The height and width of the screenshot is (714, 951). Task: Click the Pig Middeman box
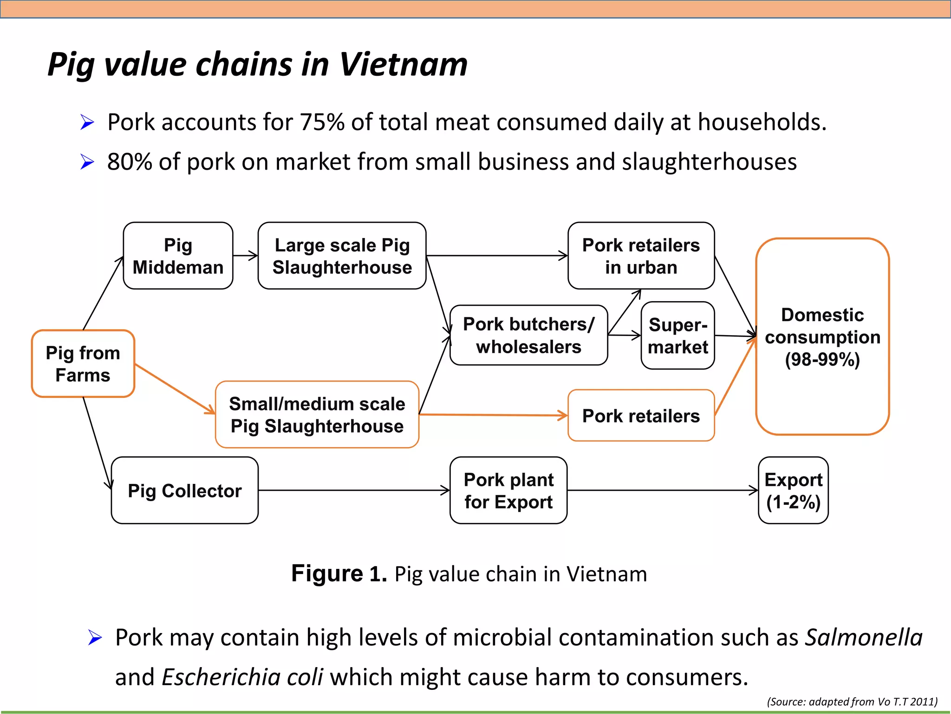coord(178,256)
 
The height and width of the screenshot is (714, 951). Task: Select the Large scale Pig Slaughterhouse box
coord(342,256)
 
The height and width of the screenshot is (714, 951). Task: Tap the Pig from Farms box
coord(83,364)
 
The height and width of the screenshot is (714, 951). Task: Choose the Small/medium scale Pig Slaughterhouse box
coord(317,415)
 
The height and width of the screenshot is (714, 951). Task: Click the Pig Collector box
coord(185,490)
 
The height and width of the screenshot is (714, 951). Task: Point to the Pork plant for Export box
coord(508,490)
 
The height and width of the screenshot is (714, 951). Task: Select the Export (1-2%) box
coord(793,490)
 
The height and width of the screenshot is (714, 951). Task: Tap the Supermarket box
coord(677,336)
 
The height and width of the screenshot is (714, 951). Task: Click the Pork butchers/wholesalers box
coord(528,335)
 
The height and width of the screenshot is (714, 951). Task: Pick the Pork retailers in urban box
coord(641,256)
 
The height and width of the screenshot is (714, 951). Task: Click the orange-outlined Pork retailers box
coord(641,416)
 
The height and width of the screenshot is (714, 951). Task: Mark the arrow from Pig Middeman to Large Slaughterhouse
coord(245,256)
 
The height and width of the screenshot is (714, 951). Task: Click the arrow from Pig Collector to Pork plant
coord(353,490)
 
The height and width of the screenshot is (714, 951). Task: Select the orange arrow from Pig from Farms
coord(175,389)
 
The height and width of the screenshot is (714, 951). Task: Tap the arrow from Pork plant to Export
coord(662,490)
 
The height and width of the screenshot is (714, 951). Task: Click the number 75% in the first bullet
coord(322,122)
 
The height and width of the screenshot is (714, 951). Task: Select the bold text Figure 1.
coord(339,574)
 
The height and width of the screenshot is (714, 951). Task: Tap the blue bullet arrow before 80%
coord(87,162)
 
